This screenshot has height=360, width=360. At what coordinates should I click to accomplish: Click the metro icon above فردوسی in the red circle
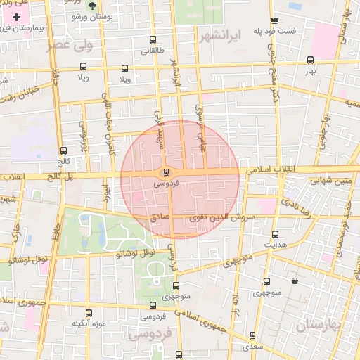pos(166,172)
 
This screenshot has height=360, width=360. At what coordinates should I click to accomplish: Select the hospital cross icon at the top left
pos(18,16)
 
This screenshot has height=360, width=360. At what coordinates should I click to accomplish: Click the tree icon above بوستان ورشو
pos(91,5)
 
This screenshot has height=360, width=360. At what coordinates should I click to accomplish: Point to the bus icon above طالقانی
pos(153,39)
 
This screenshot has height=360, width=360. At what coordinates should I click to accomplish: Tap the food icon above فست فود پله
pos(274,20)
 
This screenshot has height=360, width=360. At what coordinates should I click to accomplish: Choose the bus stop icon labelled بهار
pos(311,60)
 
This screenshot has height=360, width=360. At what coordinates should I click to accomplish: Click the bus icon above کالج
pos(64,150)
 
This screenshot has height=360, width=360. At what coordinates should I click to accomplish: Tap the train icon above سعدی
pos(252,335)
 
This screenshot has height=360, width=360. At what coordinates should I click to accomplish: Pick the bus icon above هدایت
pos(275,234)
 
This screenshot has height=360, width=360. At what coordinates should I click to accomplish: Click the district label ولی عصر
pos(70,46)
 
